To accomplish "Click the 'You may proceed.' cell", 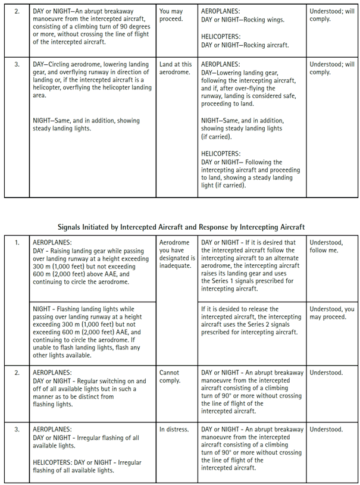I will pos(171,15).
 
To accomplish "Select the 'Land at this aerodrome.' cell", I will pos(176,68).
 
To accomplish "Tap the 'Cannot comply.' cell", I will pos(170,377).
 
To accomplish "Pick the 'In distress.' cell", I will pos(174,429).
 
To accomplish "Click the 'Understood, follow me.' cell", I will pos(326,246).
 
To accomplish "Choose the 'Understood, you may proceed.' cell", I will pos(331,313).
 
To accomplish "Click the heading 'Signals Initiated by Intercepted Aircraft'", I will pos(181,227).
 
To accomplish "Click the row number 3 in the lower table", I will pos(17,429).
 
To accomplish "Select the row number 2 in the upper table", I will pos(17,11).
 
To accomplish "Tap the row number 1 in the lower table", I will pos(17,243).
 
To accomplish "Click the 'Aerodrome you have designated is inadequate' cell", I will pos(177,254).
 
